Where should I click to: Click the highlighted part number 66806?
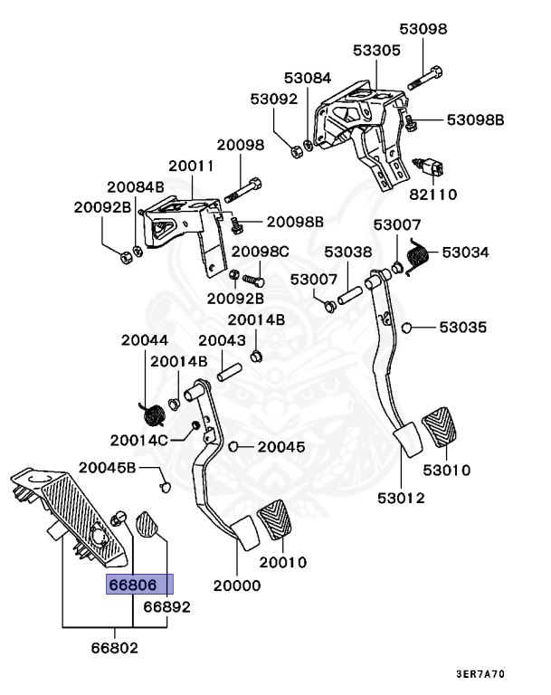(x=133, y=585)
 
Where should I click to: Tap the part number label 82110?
(x=432, y=195)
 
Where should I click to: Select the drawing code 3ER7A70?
(x=480, y=674)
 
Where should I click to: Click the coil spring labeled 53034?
(x=417, y=257)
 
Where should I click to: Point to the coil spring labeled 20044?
(x=153, y=414)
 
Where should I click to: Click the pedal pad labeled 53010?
(x=439, y=426)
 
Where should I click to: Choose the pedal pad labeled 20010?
(x=275, y=519)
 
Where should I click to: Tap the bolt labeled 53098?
(x=425, y=78)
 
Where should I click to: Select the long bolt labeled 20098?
(x=242, y=190)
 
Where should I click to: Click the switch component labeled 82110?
(x=429, y=167)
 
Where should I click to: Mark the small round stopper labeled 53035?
(x=406, y=328)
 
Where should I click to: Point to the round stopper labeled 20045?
(x=233, y=446)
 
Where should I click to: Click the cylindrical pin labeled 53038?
(x=350, y=296)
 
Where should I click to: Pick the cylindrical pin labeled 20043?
(x=229, y=372)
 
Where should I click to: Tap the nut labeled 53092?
(x=296, y=150)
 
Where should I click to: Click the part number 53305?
(x=376, y=50)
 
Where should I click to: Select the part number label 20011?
(x=191, y=166)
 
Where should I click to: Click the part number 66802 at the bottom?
(x=114, y=648)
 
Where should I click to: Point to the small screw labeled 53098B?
(x=411, y=122)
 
